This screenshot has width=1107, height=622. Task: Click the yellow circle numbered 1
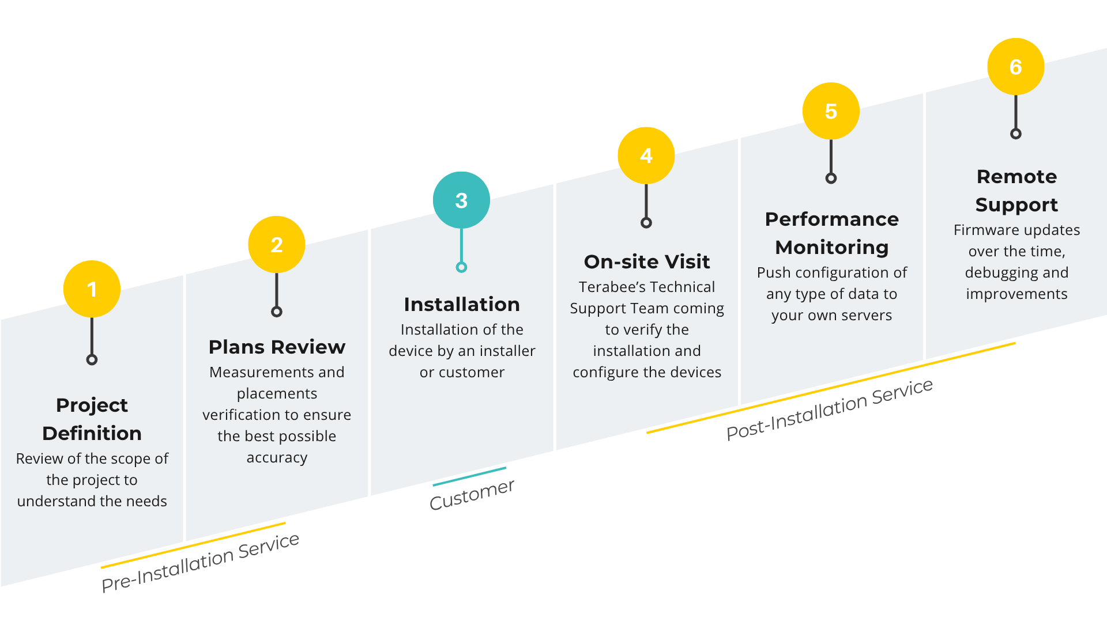[x=92, y=289]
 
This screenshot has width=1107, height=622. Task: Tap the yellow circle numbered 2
[x=277, y=245]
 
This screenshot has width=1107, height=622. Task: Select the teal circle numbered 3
[x=461, y=200]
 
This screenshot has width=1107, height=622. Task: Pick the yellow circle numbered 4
[x=646, y=155]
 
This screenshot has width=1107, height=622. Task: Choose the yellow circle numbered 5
[x=831, y=111]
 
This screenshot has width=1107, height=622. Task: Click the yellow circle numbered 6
[x=1016, y=67]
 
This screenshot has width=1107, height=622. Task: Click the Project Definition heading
[x=92, y=419]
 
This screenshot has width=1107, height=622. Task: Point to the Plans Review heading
[x=277, y=347]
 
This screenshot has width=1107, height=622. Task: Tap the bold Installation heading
[x=462, y=304]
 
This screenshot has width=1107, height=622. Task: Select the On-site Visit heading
[x=647, y=261]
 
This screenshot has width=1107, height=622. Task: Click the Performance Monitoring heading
[x=831, y=233]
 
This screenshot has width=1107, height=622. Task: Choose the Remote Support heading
[x=1016, y=190]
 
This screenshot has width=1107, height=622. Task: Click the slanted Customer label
[x=472, y=494]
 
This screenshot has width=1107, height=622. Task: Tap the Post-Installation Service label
[x=829, y=409]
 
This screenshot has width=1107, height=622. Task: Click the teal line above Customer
[x=469, y=476]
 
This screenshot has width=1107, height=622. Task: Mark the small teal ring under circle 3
[x=461, y=267]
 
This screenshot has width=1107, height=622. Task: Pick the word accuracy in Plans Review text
[x=277, y=457]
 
